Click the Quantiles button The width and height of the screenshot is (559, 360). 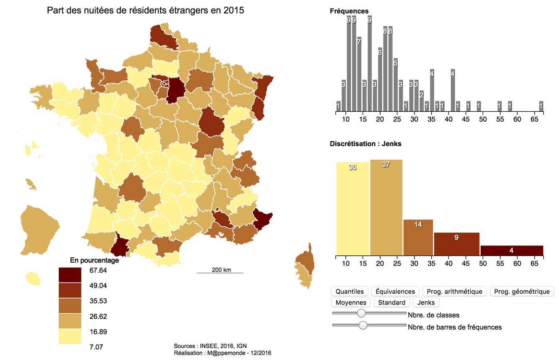(x=349, y=291)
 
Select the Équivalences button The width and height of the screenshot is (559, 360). (x=395, y=291)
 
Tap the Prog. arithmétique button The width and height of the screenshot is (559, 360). (x=454, y=291)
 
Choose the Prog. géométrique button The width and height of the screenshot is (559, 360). (x=521, y=291)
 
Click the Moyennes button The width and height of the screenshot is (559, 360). (x=351, y=303)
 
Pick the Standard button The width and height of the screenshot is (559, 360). (x=391, y=303)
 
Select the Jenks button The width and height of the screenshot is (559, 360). (x=426, y=303)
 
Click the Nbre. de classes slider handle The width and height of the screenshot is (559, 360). (x=361, y=313)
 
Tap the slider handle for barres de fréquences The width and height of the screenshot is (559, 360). (x=363, y=325)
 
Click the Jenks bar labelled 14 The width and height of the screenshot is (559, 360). (x=418, y=238)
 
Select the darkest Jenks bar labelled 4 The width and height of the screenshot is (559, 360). (x=511, y=251)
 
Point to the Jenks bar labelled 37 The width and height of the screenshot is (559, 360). (x=386, y=208)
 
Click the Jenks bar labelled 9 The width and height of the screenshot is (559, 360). (x=456, y=244)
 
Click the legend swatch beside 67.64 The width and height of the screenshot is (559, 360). (x=70, y=275)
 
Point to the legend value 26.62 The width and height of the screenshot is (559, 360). (x=98, y=316)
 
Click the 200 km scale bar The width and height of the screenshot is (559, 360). (x=220, y=273)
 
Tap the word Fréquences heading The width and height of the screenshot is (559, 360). (x=349, y=11)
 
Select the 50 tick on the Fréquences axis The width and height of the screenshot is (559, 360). (x=483, y=119)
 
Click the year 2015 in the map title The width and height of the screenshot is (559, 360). (x=234, y=10)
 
